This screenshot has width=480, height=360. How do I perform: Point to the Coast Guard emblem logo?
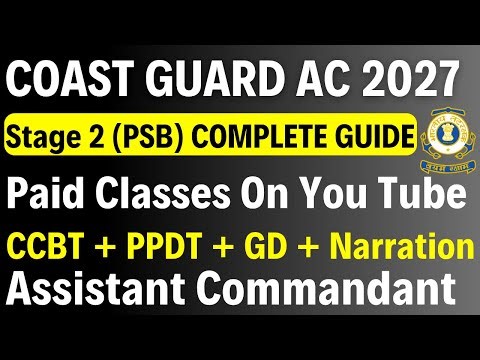439,139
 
